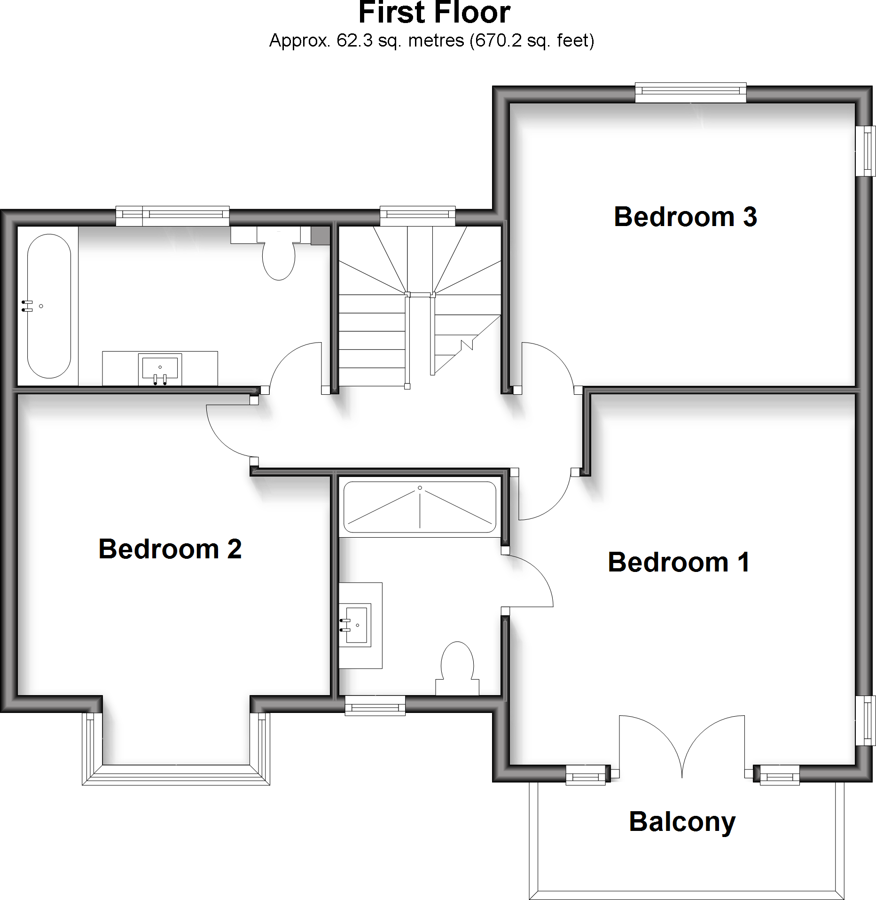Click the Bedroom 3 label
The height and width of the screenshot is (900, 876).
pos(685,217)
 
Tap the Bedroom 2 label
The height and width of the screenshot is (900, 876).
pos(170,549)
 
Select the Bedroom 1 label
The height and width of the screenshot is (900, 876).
pos(679,562)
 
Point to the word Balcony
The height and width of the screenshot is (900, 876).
pos(682,822)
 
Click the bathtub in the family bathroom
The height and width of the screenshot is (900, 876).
pos(49,306)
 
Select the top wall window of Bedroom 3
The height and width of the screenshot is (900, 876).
pos(690,93)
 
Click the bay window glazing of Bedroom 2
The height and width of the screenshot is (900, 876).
pos(176,775)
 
